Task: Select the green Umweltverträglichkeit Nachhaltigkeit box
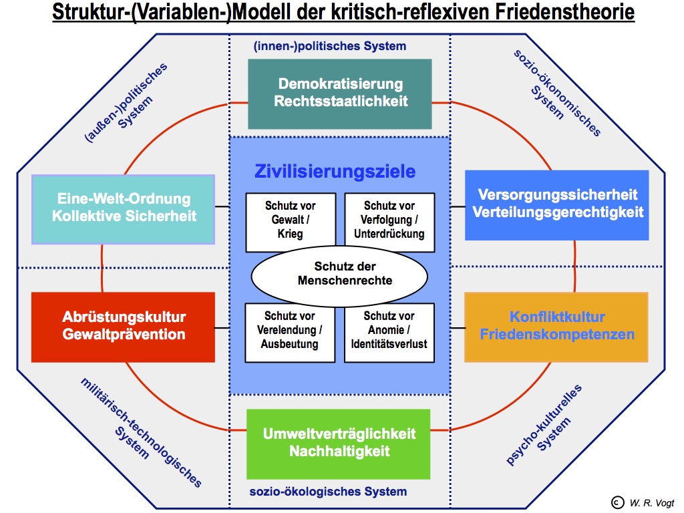(x=339, y=442)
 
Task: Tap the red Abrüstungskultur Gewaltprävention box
(x=124, y=325)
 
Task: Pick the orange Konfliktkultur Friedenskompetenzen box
(x=556, y=326)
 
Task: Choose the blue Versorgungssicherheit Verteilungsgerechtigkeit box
(x=557, y=204)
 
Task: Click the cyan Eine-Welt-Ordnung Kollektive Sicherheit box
(x=123, y=208)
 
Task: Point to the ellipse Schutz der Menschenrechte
(x=339, y=274)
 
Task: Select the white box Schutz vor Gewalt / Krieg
(x=290, y=221)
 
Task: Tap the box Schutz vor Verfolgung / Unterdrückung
(x=389, y=221)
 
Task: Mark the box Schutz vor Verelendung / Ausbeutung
(x=290, y=331)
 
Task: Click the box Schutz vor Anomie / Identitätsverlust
(x=389, y=331)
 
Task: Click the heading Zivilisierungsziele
(x=335, y=172)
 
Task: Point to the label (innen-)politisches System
(x=329, y=46)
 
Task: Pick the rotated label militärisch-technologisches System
(x=136, y=432)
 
